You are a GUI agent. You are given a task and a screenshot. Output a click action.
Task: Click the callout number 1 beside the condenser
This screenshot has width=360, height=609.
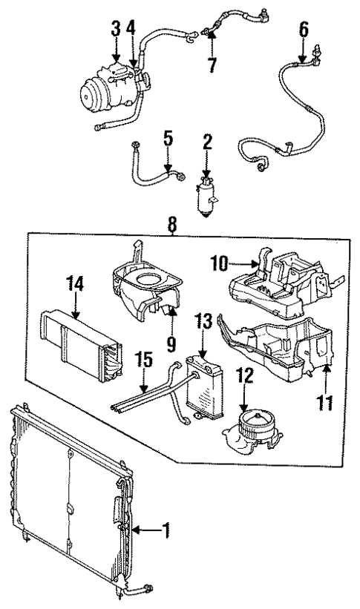[167, 530]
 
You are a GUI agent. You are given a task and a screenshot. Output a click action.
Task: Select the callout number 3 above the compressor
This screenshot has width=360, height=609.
[116, 30]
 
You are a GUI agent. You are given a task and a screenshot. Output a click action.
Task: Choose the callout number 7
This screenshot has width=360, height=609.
[212, 64]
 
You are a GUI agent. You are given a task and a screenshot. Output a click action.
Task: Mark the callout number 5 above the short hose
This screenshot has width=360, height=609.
[168, 137]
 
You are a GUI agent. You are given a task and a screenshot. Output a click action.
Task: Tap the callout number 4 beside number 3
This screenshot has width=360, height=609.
[132, 30]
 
